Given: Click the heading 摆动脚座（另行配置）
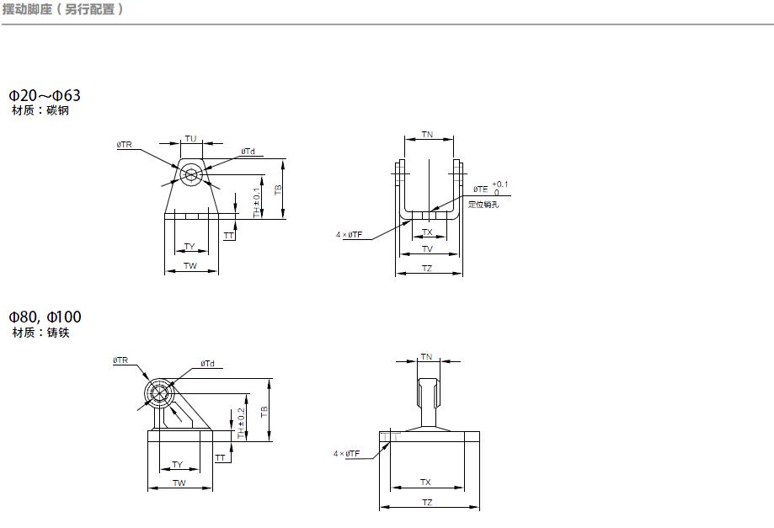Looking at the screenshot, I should coord(63,9).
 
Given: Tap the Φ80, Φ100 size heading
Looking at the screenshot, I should coord(45,317).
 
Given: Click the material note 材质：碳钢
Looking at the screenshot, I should coord(40,110).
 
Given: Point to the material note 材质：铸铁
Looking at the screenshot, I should coord(40,333).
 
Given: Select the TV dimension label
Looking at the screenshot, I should coord(427,249).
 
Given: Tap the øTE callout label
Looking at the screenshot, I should coord(480,189).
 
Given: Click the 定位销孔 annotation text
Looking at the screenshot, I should coord(483,205).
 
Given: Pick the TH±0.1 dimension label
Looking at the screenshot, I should coord(257,202).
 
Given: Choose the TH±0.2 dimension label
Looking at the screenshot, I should coord(241,423).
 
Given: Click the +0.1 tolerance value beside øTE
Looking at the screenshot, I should coord(500,184).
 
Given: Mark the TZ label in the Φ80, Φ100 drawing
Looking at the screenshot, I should coord(427,503).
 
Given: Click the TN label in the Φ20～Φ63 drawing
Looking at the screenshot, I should coord(427,135).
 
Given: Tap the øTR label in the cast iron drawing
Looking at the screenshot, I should coord(120,360).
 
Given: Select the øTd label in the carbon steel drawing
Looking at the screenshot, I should coord(248,152).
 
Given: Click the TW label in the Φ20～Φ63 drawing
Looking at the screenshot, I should coord(190,266).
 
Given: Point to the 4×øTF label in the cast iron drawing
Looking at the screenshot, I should coord(346,454).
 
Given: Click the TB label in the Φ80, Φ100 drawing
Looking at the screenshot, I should coord(264,412).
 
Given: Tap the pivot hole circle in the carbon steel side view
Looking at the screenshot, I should coord(191,174).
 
